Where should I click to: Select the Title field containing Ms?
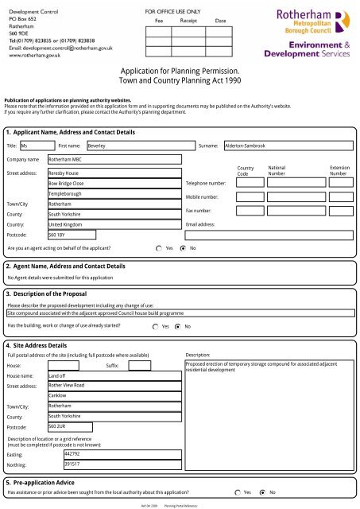point(35,146)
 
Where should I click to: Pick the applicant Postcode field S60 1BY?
point(59,235)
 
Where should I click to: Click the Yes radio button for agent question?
point(159,248)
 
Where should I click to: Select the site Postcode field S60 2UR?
point(59,426)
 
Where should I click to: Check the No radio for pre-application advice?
point(264,493)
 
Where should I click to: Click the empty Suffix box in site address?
point(138,366)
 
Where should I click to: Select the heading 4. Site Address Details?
point(37,345)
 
